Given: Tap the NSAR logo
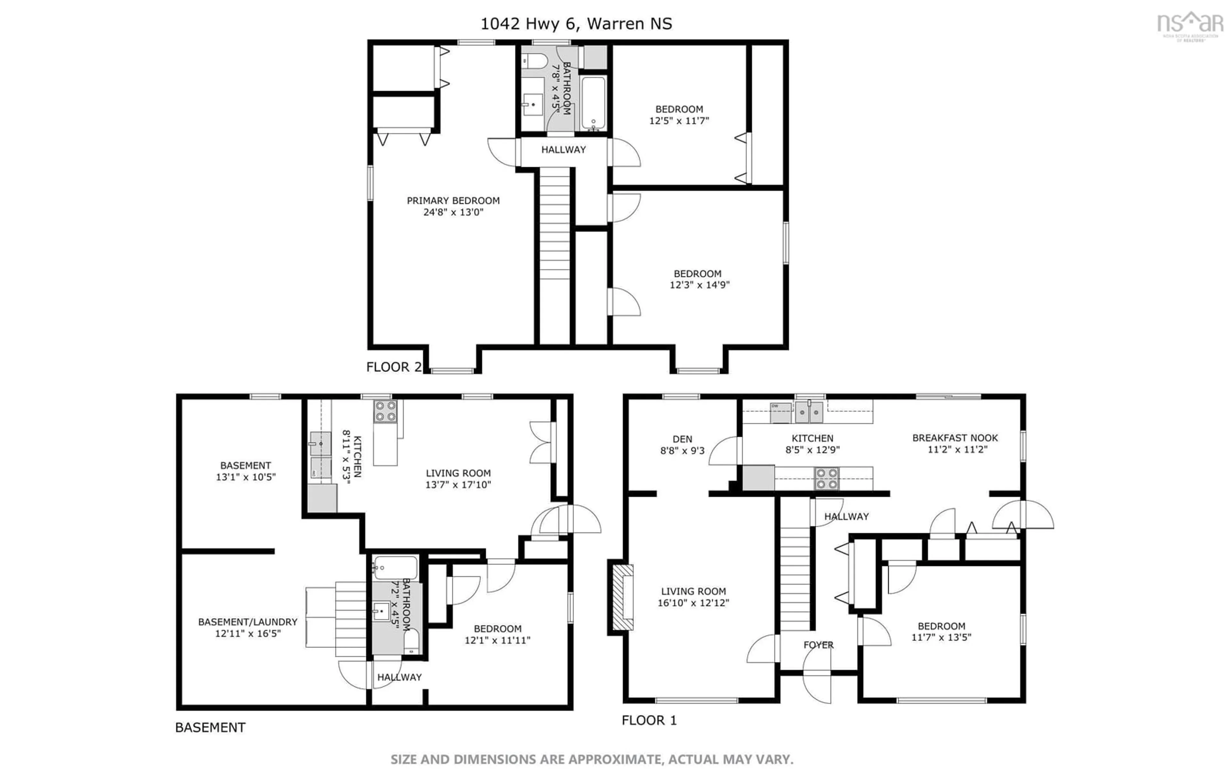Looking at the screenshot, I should [1190, 25].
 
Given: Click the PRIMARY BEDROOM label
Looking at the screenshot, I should [453, 200].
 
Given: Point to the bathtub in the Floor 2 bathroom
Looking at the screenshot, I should [593, 103].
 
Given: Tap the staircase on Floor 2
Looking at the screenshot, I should [554, 224].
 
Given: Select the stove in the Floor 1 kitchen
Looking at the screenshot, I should [826, 479].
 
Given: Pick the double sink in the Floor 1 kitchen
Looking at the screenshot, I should [809, 412].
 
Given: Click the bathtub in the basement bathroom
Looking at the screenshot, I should [396, 567].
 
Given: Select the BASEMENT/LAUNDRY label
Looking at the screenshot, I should [248, 622].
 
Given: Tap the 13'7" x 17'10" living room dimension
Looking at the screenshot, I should [458, 485].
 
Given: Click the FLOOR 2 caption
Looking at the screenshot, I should [394, 367].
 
